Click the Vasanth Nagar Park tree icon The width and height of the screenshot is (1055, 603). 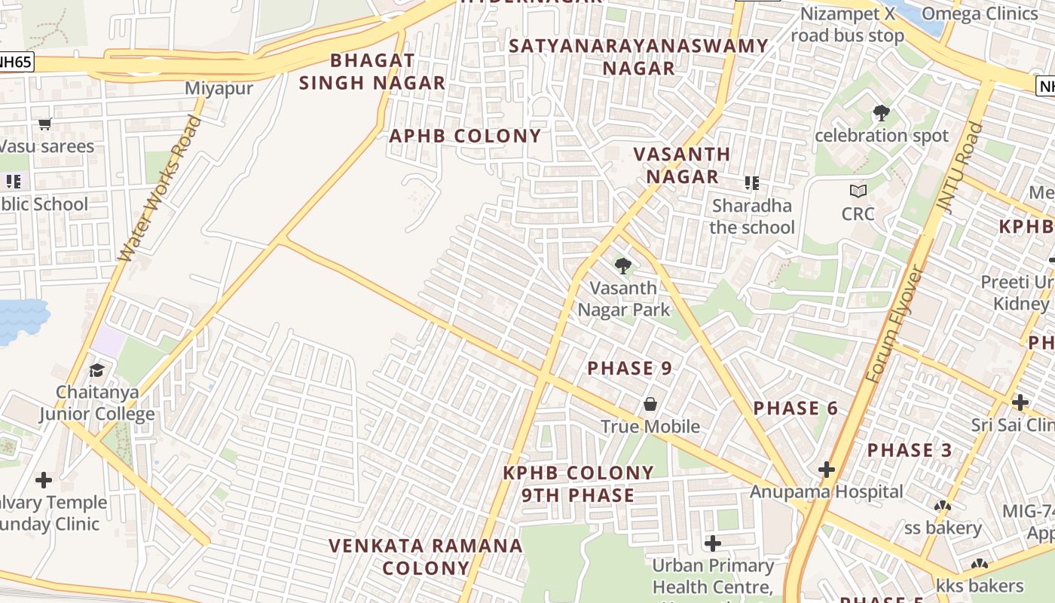point(622,266)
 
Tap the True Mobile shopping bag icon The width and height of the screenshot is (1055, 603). point(650,405)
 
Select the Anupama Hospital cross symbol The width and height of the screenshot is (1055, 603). point(827,470)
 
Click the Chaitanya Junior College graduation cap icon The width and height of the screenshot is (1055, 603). point(96,370)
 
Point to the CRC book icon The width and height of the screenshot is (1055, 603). point(858,191)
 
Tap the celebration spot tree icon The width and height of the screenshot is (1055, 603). point(881,114)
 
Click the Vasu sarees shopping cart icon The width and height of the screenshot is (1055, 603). point(44,124)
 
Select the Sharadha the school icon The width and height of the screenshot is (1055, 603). point(751,183)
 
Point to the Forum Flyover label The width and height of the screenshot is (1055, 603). point(894,323)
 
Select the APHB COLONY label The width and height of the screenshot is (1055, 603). point(465,136)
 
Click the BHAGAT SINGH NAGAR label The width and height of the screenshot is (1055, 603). point(372,72)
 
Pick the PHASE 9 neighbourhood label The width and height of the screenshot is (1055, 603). point(629,369)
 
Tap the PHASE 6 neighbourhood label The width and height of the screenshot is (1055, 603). point(796,409)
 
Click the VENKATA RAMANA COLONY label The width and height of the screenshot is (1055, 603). point(426,556)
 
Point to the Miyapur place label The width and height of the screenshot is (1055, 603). point(219,89)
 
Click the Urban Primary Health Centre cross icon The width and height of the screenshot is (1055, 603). point(712,543)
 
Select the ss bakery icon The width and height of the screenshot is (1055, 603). point(942,507)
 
